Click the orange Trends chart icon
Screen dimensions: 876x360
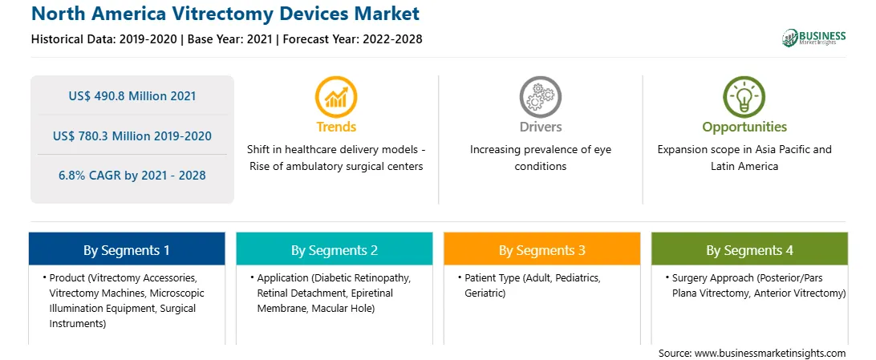pos(336,96)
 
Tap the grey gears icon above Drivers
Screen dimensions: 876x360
pos(540,96)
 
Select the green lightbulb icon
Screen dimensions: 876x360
pos(744,96)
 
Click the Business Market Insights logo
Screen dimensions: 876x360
pos(814,38)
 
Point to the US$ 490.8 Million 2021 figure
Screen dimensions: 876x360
pos(132,96)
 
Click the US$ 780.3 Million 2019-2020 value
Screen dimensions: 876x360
pos(132,136)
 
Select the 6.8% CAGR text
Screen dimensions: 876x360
pos(132,176)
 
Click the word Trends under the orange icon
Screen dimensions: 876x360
pos(336,127)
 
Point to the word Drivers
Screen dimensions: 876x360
pos(540,127)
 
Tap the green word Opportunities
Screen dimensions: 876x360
pos(744,127)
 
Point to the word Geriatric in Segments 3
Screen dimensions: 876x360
pos(485,293)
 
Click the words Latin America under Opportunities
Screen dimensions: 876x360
pos(744,166)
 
